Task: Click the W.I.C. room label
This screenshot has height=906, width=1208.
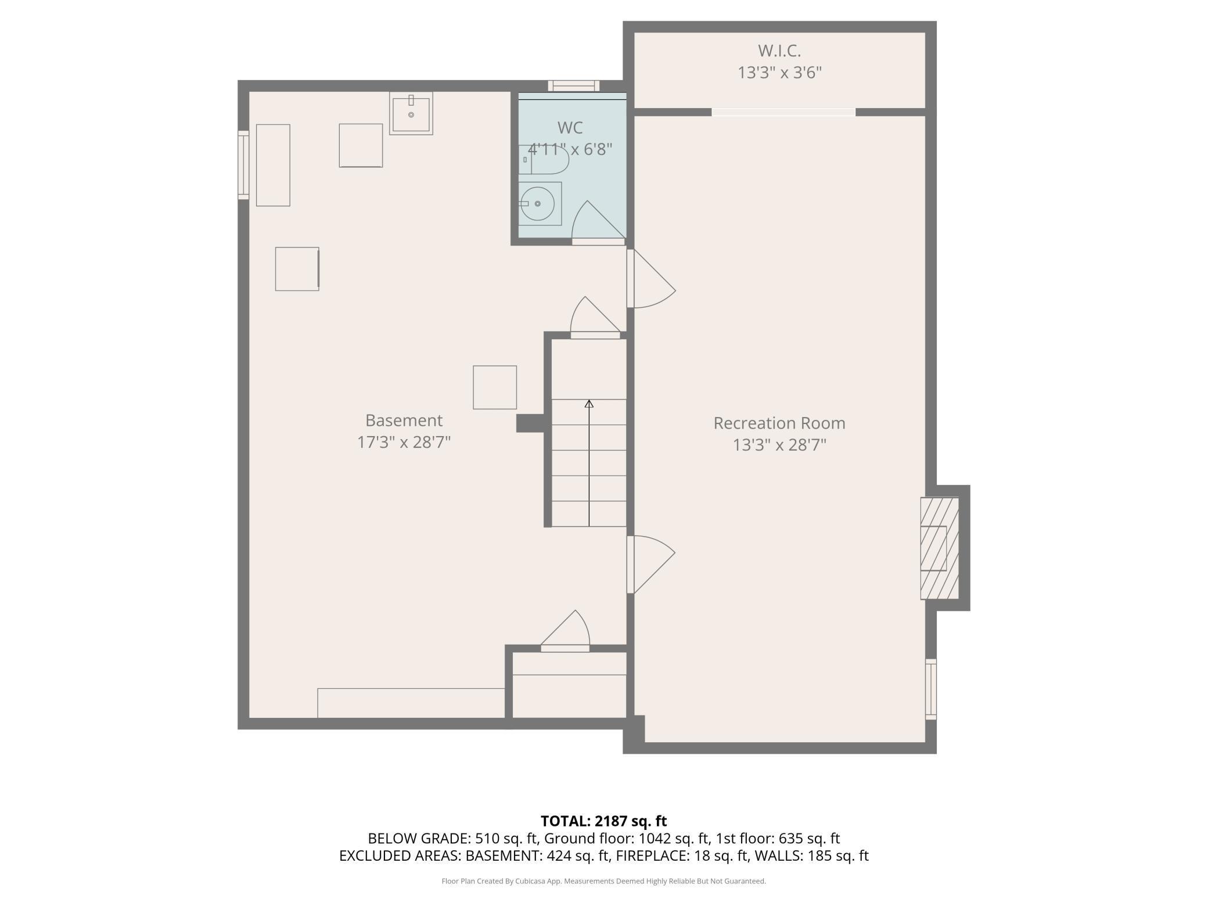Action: (779, 51)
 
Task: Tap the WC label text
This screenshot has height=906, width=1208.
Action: (570, 128)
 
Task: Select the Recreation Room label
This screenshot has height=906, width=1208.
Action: (779, 423)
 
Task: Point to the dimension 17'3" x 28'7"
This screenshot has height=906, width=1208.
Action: (404, 443)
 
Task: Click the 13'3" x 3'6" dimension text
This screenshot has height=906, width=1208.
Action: (779, 73)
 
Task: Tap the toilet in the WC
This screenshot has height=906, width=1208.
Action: (543, 160)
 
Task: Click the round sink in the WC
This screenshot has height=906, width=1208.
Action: (537, 204)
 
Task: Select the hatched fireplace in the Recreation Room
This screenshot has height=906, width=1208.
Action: (939, 548)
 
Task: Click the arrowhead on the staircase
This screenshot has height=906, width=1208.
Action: (589, 404)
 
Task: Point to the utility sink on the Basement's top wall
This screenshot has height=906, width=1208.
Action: (411, 113)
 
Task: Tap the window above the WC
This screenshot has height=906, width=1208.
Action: (573, 86)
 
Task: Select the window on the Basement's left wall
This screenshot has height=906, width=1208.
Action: (243, 166)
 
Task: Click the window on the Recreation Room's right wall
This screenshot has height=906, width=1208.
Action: (930, 689)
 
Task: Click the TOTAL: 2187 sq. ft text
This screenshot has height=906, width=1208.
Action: (603, 821)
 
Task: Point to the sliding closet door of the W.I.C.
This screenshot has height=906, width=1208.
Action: (783, 112)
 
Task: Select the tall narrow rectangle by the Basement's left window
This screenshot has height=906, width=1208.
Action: (273, 165)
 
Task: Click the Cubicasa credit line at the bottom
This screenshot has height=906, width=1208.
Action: (603, 881)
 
